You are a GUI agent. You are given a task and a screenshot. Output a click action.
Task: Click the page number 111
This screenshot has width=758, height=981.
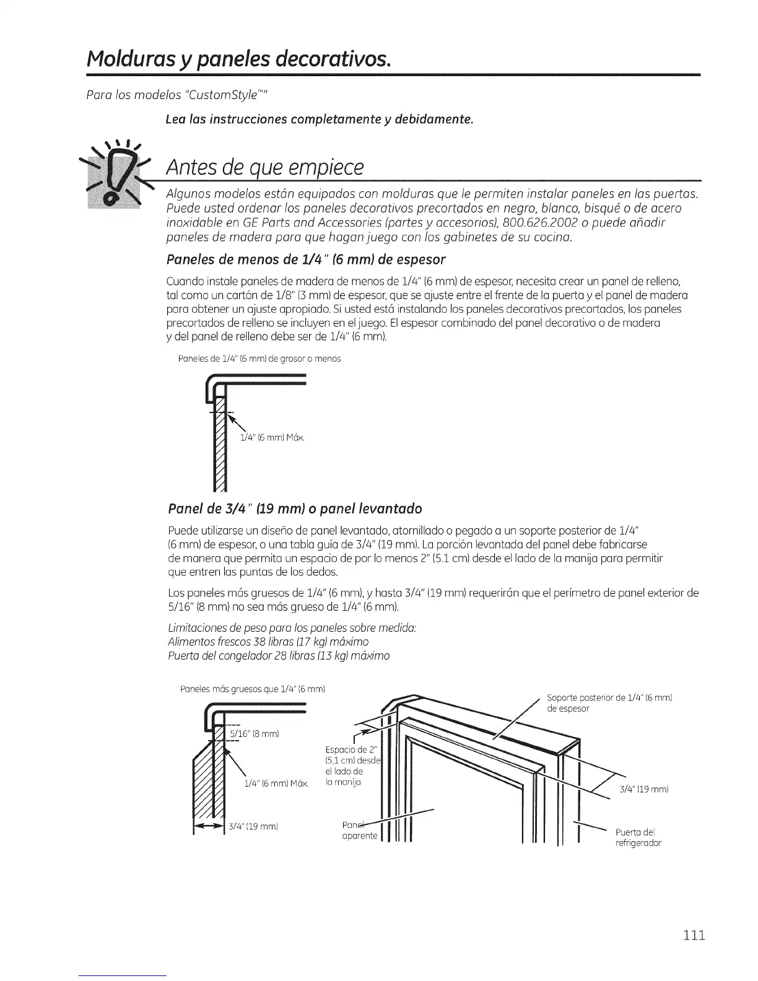pos(691,935)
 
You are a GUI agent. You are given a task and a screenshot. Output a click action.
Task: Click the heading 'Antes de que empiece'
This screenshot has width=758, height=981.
pos(263,167)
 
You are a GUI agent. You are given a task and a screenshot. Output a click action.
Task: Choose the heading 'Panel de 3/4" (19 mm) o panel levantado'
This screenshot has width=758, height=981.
pos(295,508)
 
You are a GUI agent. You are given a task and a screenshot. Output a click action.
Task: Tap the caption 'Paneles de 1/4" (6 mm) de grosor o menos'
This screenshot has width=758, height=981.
pos(259,359)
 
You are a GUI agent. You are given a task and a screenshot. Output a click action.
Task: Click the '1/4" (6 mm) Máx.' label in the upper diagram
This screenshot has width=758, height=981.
pos(272,438)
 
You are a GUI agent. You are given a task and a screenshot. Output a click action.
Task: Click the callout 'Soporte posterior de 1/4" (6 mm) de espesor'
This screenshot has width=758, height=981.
pos(609,703)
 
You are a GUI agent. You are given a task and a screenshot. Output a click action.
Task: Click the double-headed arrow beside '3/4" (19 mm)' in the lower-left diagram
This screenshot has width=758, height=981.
pos(208,826)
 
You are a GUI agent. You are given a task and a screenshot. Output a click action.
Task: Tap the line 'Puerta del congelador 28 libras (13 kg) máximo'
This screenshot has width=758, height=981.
pos(279,655)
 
